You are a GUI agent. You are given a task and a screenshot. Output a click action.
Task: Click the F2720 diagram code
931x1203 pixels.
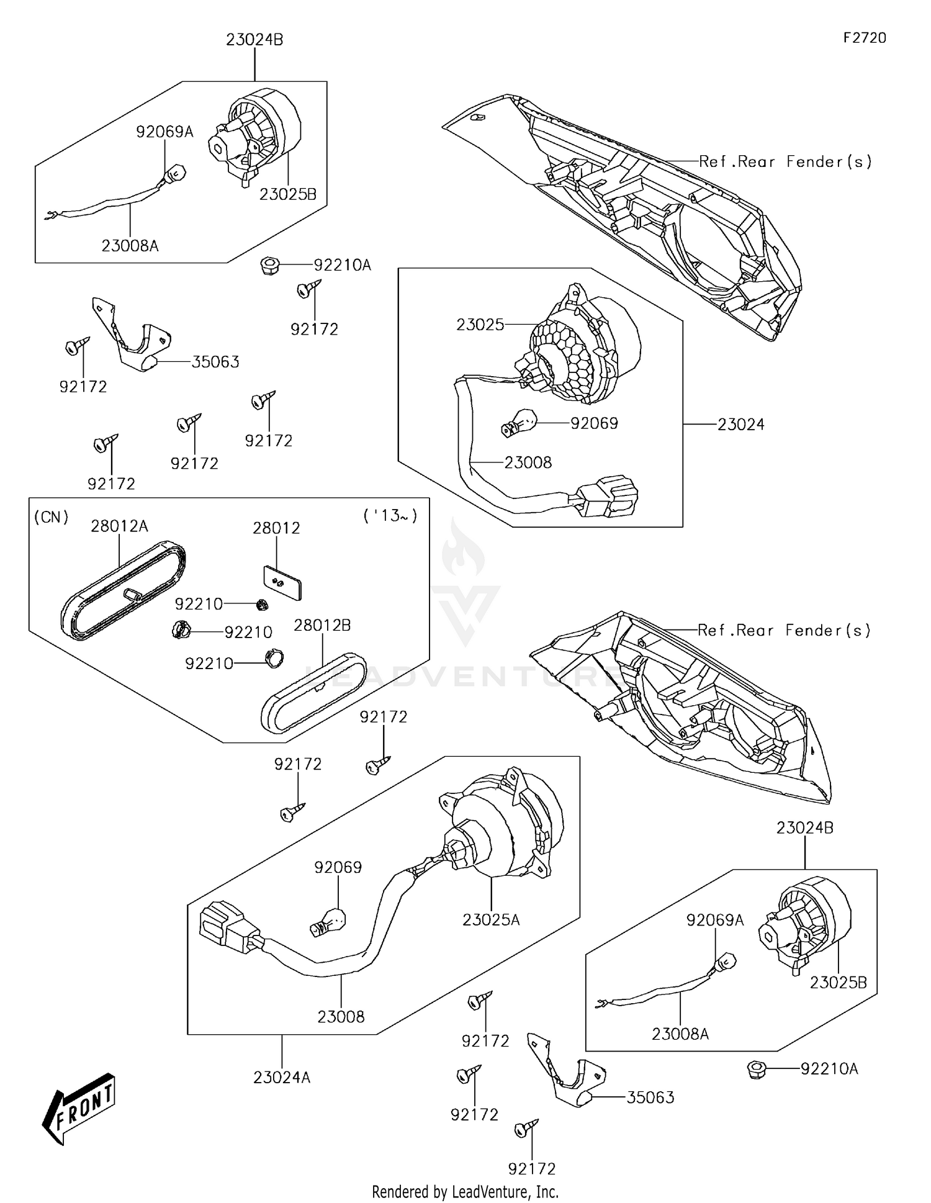(864, 38)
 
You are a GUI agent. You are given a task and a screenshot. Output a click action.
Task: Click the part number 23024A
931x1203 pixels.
(281, 1078)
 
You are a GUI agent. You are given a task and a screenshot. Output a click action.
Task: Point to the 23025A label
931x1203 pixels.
(490, 920)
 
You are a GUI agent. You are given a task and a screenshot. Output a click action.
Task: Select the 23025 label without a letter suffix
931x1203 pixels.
(480, 325)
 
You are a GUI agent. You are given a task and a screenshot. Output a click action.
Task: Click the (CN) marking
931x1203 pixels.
(51, 516)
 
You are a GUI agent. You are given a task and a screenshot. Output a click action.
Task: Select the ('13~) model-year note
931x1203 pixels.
(390, 515)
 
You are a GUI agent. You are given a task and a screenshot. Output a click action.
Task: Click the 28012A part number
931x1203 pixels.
(119, 526)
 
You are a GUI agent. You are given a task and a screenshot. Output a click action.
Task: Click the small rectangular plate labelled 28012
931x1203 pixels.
(282, 582)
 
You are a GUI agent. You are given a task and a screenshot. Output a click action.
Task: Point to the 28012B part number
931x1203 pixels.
(322, 625)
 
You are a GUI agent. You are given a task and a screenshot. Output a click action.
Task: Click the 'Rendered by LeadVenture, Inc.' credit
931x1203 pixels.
(465, 1192)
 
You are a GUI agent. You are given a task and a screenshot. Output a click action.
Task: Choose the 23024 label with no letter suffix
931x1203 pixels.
(740, 425)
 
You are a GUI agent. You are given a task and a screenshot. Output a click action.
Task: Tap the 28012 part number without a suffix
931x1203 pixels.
(276, 528)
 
